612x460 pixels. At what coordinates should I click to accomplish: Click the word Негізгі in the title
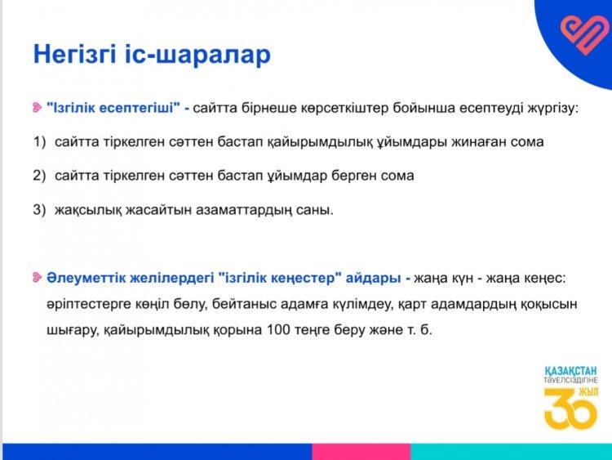(x=75, y=54)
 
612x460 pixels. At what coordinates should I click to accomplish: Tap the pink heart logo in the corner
(x=582, y=33)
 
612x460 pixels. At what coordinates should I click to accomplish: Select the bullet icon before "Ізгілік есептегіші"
(x=37, y=107)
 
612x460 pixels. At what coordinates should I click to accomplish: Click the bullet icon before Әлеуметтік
(x=37, y=278)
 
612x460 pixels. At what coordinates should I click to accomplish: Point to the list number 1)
(x=39, y=141)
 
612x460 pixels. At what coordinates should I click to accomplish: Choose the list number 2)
(x=39, y=176)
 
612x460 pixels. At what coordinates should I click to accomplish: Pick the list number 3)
(x=39, y=210)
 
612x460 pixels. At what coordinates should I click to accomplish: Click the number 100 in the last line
(x=279, y=329)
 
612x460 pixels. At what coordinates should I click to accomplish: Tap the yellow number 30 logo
(x=570, y=409)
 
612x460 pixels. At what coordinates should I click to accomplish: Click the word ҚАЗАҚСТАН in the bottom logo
(x=570, y=371)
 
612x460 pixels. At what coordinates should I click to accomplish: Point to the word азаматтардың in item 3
(x=243, y=210)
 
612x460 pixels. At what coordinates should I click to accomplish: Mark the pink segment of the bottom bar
(x=361, y=451)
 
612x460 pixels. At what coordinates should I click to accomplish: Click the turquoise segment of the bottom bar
(x=512, y=451)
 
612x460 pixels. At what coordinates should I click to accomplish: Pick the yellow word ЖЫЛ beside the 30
(x=588, y=392)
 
